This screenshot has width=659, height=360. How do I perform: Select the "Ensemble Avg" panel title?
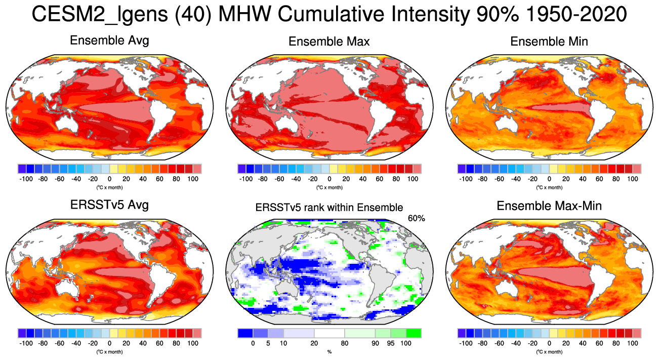coord(109,41)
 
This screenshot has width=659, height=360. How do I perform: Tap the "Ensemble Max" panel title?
coord(329,42)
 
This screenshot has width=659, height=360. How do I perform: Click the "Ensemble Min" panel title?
coord(549,42)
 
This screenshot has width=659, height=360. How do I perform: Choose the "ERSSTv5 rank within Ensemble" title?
coord(329,207)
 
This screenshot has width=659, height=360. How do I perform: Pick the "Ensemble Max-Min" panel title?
coord(549,206)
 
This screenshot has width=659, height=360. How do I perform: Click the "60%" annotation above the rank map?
coord(416,218)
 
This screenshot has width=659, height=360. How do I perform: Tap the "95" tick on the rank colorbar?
coord(390,343)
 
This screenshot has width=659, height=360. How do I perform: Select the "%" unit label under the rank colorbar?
coord(329,351)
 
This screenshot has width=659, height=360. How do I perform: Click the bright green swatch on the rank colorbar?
coord(413,333)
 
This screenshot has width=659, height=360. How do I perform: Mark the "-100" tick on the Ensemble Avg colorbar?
coord(26,179)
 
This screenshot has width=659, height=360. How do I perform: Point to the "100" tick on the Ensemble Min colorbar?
coord(632,179)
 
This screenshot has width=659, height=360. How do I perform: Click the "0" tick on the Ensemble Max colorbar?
coord(329,179)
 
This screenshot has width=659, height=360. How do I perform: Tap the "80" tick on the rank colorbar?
coord(345,343)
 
